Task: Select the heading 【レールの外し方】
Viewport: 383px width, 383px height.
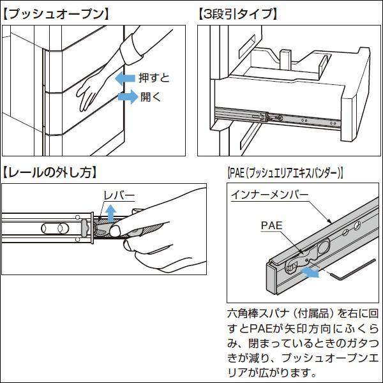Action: pos(51,172)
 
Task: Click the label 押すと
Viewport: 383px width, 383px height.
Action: pos(155,79)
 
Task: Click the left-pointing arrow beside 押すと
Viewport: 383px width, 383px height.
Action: pos(126,79)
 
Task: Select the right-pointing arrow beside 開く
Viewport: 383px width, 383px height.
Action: pos(127,97)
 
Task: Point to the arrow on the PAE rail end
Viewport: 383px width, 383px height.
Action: pos(311,272)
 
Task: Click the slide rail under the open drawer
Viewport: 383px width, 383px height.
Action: pos(274,117)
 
